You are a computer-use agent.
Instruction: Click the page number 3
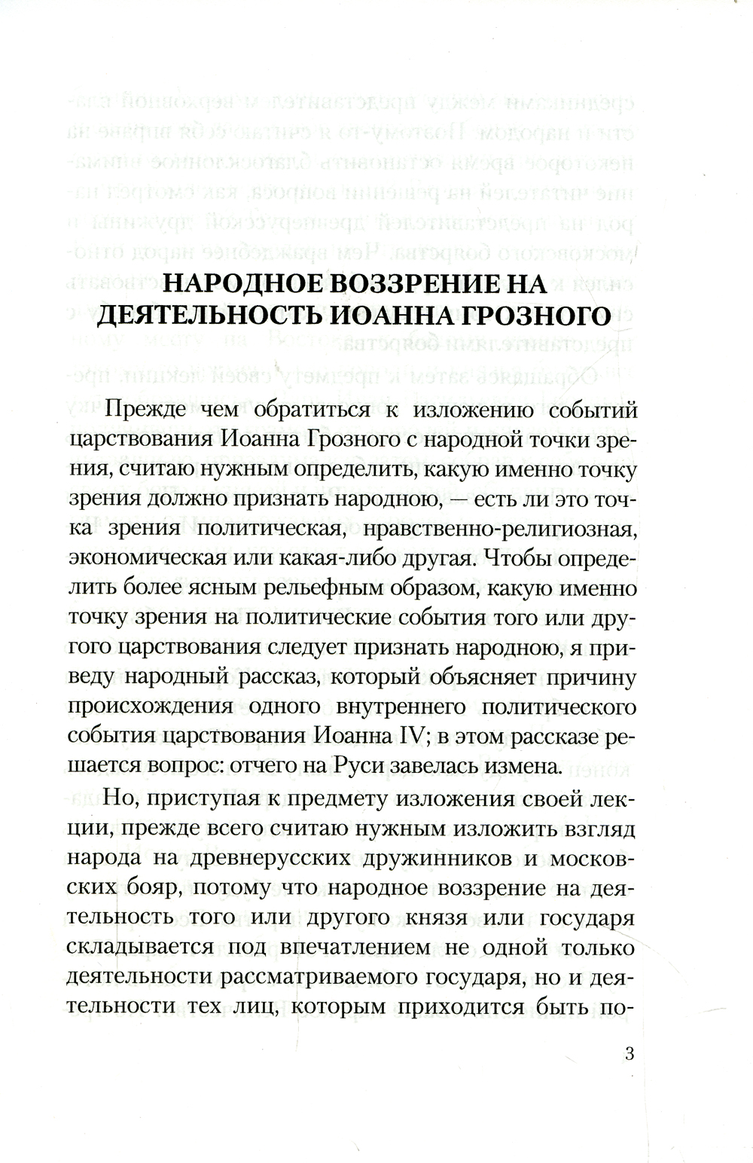coord(630,1054)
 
